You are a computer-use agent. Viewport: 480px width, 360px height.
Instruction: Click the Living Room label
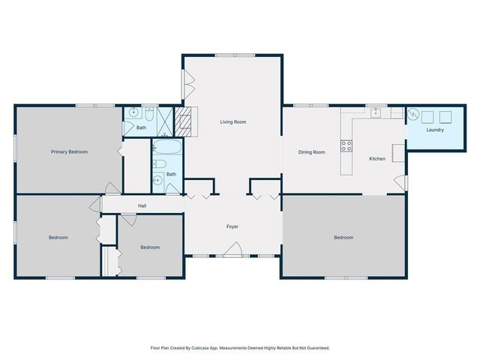233,121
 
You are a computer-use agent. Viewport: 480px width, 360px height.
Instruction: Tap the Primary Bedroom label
69,151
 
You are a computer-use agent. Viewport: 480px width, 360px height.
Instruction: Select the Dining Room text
312,152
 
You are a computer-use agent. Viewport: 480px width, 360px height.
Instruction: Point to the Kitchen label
377,158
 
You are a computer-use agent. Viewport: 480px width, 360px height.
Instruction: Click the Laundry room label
435,130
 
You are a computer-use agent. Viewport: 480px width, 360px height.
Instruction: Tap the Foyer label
232,226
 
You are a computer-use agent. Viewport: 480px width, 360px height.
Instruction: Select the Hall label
142,205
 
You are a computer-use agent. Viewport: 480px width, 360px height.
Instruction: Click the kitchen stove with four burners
346,145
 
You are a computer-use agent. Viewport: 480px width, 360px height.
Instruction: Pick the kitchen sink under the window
376,112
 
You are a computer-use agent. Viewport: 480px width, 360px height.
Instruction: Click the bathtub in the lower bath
166,147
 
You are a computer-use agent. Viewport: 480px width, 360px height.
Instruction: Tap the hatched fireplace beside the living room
183,121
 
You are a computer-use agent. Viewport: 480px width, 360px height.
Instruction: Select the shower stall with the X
165,121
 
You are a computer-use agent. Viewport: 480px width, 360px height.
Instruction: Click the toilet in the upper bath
149,114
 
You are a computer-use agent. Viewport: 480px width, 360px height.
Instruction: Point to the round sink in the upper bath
134,112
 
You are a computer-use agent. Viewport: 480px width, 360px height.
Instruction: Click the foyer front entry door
232,250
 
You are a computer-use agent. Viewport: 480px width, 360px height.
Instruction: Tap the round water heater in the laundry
413,114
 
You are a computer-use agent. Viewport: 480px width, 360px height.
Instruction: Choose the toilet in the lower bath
160,163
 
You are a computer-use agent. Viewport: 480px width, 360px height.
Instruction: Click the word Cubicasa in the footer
200,348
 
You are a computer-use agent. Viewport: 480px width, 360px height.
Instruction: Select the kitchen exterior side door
401,182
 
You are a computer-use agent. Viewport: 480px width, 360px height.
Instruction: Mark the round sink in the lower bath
158,180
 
